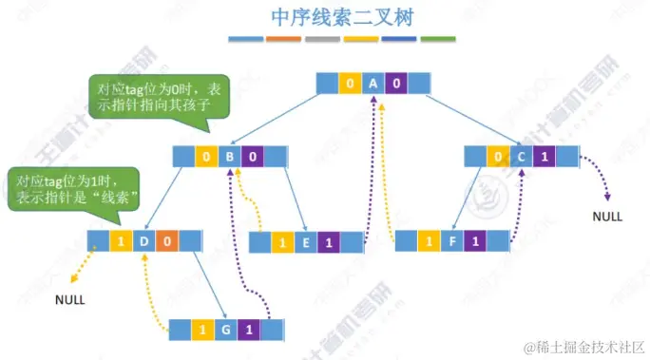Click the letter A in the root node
373,84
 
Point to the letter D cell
143,241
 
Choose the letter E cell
305,243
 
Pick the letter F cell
450,241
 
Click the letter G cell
224,330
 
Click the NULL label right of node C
607,216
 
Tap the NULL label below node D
69,299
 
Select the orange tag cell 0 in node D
165,241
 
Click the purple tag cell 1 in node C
543,157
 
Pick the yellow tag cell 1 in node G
201,330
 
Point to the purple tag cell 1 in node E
329,243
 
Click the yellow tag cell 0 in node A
351,84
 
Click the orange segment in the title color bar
284,40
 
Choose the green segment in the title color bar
437,40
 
